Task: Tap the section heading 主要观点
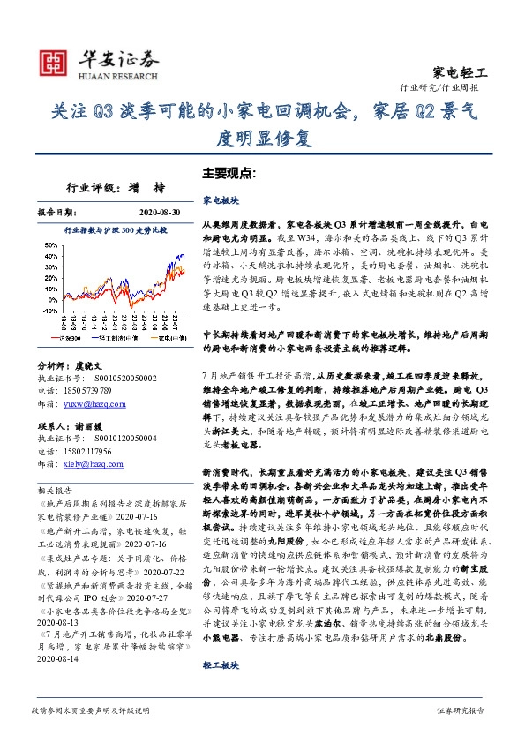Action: point(228,173)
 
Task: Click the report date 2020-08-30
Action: point(161,213)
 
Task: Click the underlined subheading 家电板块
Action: point(220,201)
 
